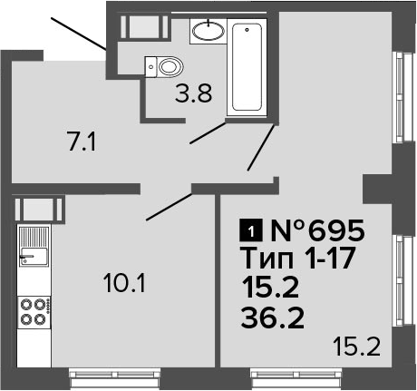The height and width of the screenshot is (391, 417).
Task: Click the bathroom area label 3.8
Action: (194, 93)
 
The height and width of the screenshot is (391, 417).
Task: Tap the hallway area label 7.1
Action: (82, 142)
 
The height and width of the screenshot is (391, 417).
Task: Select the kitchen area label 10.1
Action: (124, 284)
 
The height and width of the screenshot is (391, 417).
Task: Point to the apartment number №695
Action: (318, 230)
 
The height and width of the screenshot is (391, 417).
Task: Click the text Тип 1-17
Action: (298, 258)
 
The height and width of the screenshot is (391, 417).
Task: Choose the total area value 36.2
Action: (272, 318)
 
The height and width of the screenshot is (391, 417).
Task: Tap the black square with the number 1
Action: (250, 231)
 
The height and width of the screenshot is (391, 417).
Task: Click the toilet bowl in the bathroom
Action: (164, 66)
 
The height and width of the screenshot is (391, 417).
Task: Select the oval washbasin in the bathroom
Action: (208, 31)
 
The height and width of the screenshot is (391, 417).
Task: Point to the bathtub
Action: (247, 67)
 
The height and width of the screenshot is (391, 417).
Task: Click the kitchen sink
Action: (34, 247)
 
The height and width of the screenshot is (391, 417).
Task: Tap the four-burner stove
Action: (34, 312)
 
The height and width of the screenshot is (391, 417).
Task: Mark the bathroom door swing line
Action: (208, 132)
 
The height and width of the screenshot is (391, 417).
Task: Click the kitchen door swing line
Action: (170, 207)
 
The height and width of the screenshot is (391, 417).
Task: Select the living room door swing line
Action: (261, 148)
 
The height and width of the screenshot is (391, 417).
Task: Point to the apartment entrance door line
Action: (78, 34)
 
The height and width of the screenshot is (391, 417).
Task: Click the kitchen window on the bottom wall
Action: (114, 377)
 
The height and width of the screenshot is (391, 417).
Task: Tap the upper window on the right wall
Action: (404, 97)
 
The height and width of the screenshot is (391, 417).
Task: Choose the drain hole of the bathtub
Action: (247, 30)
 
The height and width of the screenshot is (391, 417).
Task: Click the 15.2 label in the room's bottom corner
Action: (356, 347)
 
